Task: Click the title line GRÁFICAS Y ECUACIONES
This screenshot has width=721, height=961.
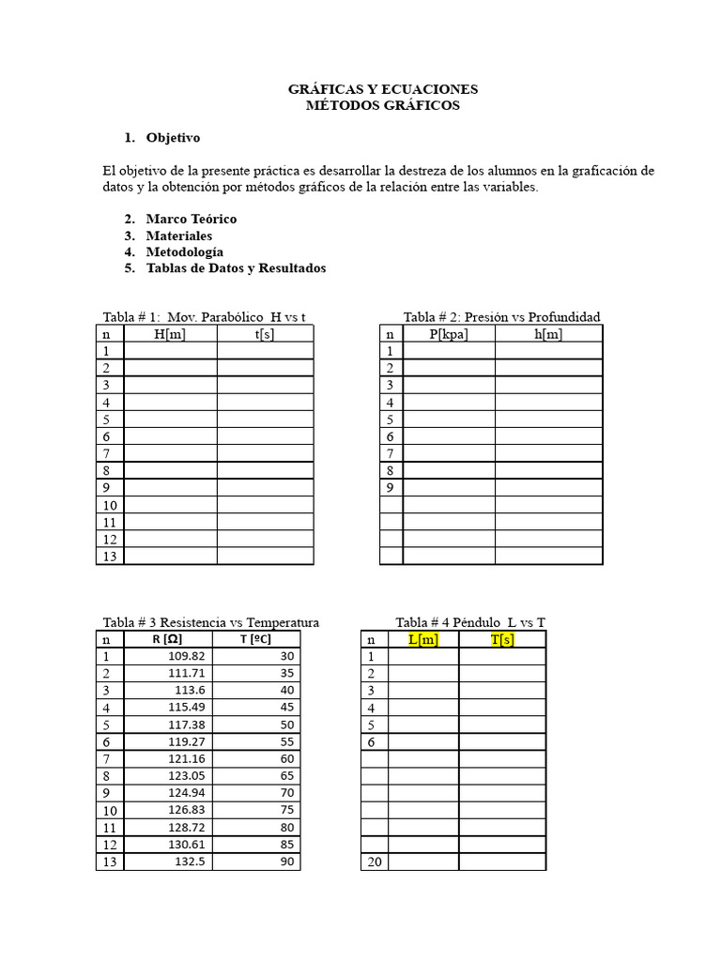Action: pos(382,89)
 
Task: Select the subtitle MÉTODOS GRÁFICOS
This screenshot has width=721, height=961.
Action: pos(382,106)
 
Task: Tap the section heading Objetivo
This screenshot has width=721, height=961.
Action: pos(173,138)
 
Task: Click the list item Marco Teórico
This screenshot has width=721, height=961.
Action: pos(191,219)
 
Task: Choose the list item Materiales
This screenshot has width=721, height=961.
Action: pos(178,236)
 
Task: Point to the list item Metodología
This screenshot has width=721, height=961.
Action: pos(184,252)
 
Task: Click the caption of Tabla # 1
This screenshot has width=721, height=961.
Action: pos(204,317)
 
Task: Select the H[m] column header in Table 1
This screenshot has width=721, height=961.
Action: pos(170,334)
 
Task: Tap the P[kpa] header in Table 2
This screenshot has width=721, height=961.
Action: pos(449,334)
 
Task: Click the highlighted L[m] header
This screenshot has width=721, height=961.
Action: pos(422,639)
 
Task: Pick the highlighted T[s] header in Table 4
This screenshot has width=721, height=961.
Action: pos(501,639)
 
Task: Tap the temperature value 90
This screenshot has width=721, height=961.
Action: pos(286,862)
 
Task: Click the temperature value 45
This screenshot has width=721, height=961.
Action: pos(286,708)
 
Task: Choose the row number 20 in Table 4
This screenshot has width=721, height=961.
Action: pos(375,862)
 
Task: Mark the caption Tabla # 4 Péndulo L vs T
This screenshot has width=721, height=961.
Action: pos(470,622)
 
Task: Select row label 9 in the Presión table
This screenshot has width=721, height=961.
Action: pos(390,488)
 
